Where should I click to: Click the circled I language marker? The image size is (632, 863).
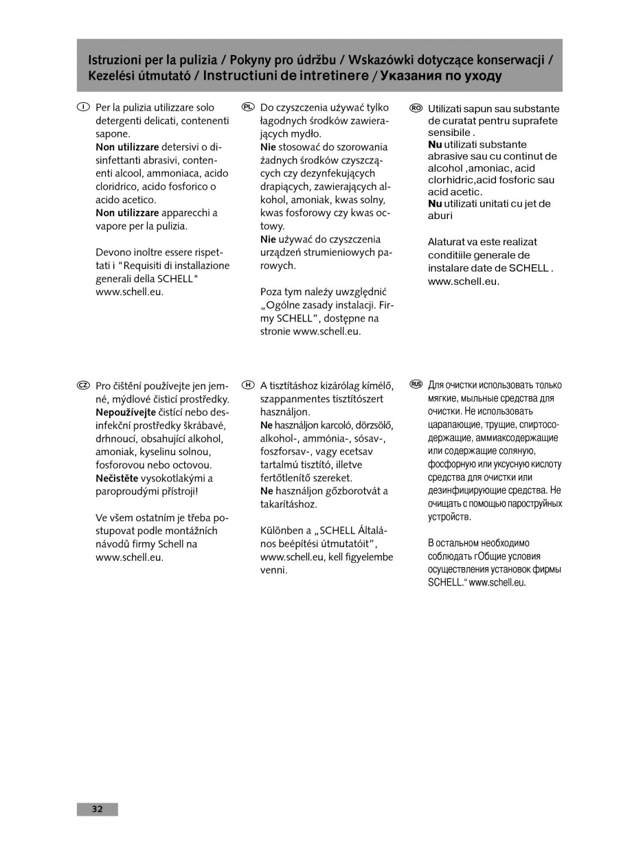(82, 108)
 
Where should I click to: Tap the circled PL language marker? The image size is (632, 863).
(249, 108)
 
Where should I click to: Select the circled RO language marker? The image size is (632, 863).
(416, 108)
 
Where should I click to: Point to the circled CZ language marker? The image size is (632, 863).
(82, 386)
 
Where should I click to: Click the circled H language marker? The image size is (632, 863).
(249, 386)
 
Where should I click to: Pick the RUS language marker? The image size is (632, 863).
(416, 384)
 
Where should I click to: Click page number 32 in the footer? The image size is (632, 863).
(97, 809)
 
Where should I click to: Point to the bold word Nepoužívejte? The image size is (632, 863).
(126, 413)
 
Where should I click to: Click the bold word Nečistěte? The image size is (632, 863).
(117, 479)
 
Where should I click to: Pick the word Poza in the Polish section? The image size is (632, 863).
(272, 292)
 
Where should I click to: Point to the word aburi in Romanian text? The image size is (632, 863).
(440, 216)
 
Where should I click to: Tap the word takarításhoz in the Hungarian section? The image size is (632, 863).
(289, 504)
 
